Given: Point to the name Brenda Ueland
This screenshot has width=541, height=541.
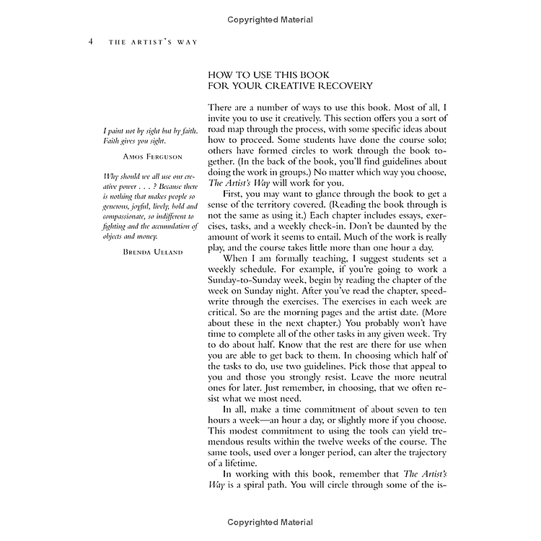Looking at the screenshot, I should (x=151, y=252).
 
